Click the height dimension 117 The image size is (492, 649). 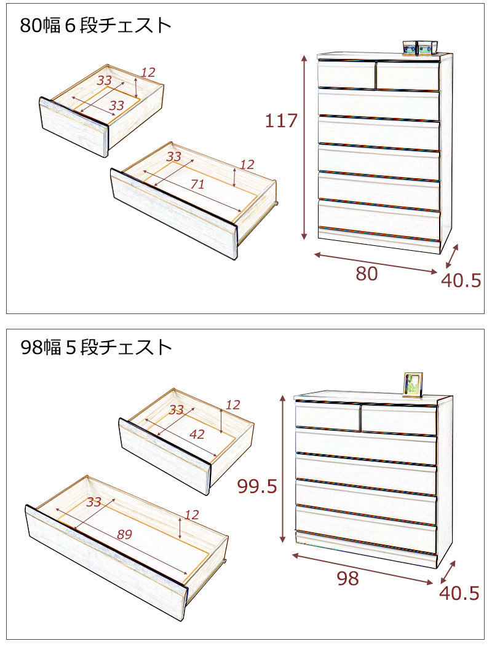pyautogui.click(x=281, y=121)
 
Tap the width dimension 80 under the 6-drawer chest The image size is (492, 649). pyautogui.click(x=367, y=274)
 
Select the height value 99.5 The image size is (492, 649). pyautogui.click(x=257, y=487)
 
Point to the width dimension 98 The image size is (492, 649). pyautogui.click(x=348, y=579)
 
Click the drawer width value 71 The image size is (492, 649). pyautogui.click(x=197, y=184)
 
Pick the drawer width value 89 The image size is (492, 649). pyautogui.click(x=124, y=535)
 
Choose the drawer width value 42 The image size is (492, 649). pyautogui.click(x=197, y=434)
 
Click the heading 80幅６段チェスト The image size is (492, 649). pyautogui.click(x=96, y=25)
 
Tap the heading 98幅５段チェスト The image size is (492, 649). pyautogui.click(x=96, y=347)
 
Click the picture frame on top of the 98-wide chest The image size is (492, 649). pyautogui.click(x=413, y=385)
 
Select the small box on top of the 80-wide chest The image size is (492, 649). pyautogui.click(x=421, y=47)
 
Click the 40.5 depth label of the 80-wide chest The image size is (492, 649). pyautogui.click(x=461, y=281)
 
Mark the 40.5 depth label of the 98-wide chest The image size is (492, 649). pyautogui.click(x=459, y=593)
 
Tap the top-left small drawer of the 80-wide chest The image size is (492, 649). pyautogui.click(x=347, y=74)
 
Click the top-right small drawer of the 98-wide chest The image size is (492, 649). pyautogui.click(x=399, y=420)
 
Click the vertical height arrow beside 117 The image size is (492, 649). pyautogui.click(x=304, y=147)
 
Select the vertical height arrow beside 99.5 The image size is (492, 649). pyautogui.click(x=283, y=468)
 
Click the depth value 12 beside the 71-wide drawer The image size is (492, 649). pyautogui.click(x=247, y=165)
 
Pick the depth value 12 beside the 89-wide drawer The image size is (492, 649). pyautogui.click(x=192, y=515)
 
